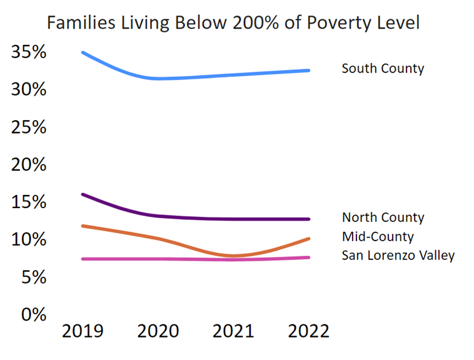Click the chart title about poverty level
tap(233, 23)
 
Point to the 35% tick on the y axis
tap(29, 52)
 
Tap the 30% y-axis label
tap(29, 90)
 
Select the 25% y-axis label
tap(29, 127)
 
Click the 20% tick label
tap(29, 165)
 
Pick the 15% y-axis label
tap(29, 202)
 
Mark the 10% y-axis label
tap(29, 240)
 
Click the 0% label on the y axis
tap(34, 314)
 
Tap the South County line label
tap(383, 68)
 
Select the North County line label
tap(383, 217)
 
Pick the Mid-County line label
tap(378, 237)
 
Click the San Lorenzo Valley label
tap(398, 255)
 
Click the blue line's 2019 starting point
tap(83, 52)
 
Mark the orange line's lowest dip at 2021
tap(234, 256)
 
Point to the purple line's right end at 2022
tap(309, 219)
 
